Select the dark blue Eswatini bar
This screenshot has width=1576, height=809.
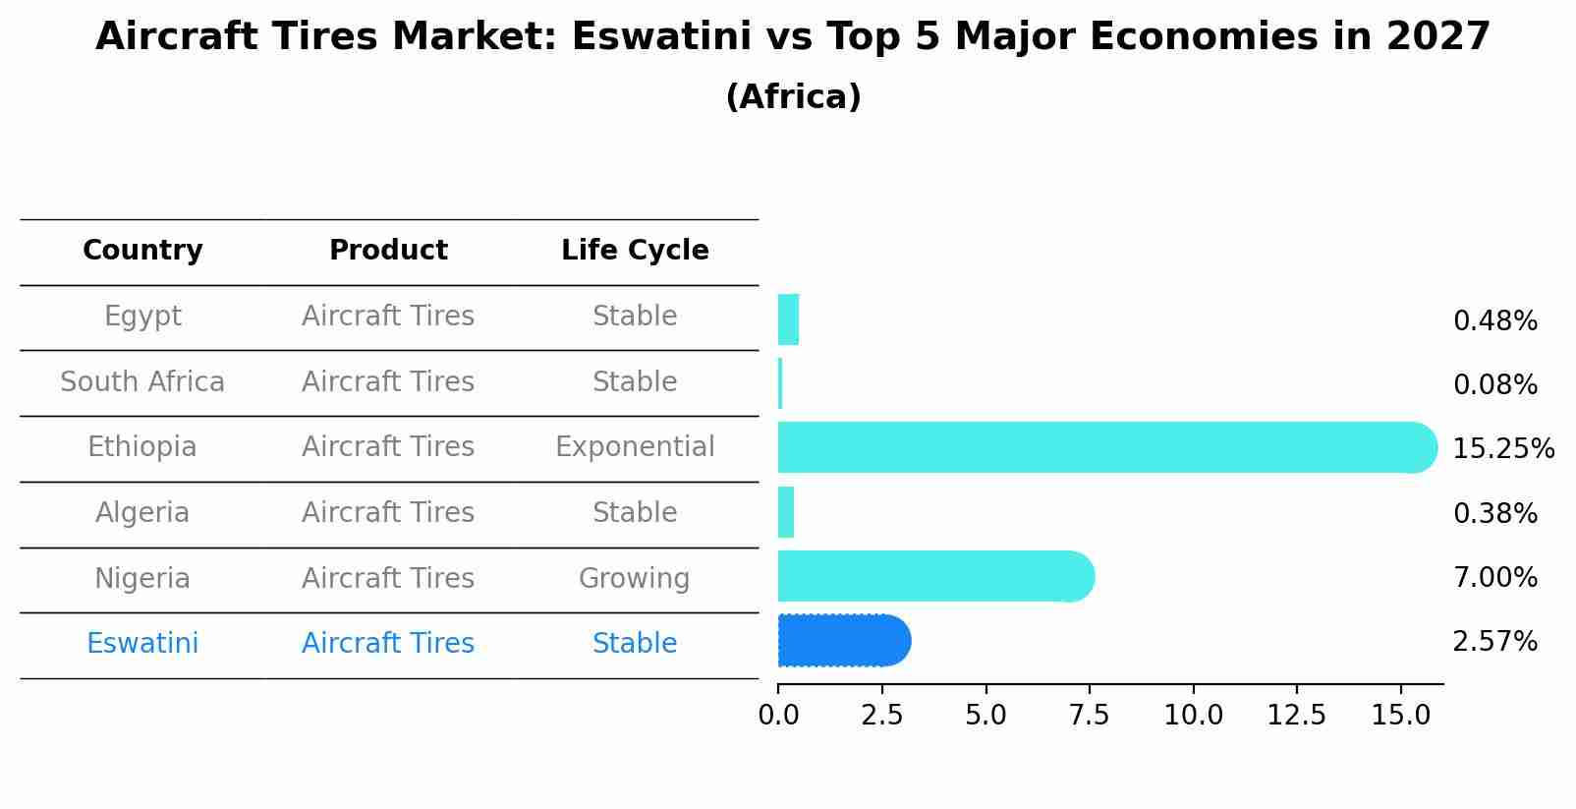click(843, 641)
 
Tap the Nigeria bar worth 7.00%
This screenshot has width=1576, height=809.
click(933, 576)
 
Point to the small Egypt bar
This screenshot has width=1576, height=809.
click(788, 319)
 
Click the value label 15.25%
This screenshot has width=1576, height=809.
click(1502, 449)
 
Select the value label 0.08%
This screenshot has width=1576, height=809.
click(1494, 385)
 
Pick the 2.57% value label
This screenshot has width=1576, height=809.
click(1494, 642)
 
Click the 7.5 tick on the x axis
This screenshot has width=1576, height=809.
click(1089, 716)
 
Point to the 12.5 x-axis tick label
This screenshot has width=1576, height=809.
click(1296, 716)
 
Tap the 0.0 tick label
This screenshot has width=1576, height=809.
click(778, 716)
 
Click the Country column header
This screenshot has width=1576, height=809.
click(142, 251)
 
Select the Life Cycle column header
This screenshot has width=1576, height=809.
click(635, 251)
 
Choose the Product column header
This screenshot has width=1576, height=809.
click(388, 251)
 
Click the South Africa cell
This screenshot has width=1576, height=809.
click(142, 382)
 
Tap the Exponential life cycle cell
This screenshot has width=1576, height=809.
click(635, 447)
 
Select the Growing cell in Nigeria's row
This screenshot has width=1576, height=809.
click(635, 579)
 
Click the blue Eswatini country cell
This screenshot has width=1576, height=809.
click(142, 644)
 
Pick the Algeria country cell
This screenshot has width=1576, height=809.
click(142, 513)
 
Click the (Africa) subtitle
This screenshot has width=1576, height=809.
click(793, 97)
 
